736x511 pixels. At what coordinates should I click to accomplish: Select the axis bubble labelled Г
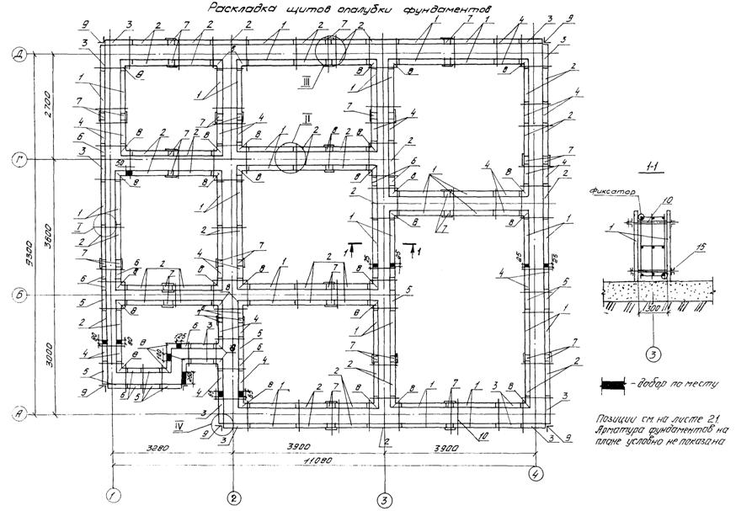coord(17,158)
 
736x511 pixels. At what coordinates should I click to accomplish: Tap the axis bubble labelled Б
coord(17,295)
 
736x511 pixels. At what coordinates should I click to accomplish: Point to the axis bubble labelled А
coord(17,413)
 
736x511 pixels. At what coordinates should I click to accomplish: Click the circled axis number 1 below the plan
coord(112,495)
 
